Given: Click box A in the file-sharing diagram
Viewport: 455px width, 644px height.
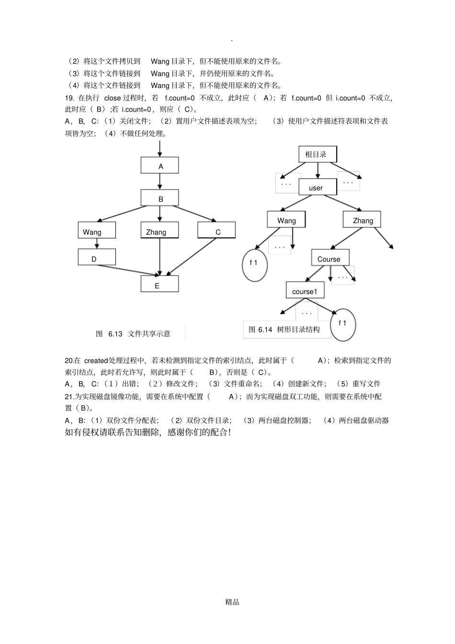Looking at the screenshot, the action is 159,166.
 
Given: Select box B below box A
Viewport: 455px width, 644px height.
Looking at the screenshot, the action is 159,198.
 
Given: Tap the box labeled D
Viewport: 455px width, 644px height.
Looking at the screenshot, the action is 97,258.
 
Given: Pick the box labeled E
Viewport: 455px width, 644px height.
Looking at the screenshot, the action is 159,284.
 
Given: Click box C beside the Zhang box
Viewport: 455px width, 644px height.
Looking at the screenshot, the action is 216,231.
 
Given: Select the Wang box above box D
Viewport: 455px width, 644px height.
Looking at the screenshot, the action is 97,231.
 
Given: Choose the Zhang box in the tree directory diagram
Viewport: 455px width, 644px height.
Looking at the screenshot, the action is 362,220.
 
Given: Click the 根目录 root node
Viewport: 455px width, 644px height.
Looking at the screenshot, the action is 317,154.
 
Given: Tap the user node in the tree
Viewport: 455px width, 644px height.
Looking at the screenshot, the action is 317,187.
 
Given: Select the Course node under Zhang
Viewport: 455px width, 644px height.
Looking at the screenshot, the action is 330,258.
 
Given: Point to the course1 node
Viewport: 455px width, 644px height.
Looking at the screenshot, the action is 305,291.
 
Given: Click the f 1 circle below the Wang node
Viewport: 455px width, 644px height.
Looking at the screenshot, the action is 254,264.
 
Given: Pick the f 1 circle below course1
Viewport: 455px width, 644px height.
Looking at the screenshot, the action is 343,324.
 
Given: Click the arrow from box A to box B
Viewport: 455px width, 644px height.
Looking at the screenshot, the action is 159,181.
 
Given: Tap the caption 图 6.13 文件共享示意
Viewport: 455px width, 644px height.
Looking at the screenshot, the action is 133,334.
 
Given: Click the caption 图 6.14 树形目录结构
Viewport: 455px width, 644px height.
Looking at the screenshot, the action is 284,329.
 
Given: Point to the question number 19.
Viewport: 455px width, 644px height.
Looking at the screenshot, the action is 69,98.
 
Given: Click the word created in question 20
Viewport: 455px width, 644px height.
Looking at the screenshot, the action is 96,361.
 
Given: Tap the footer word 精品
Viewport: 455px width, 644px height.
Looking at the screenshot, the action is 232,602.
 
